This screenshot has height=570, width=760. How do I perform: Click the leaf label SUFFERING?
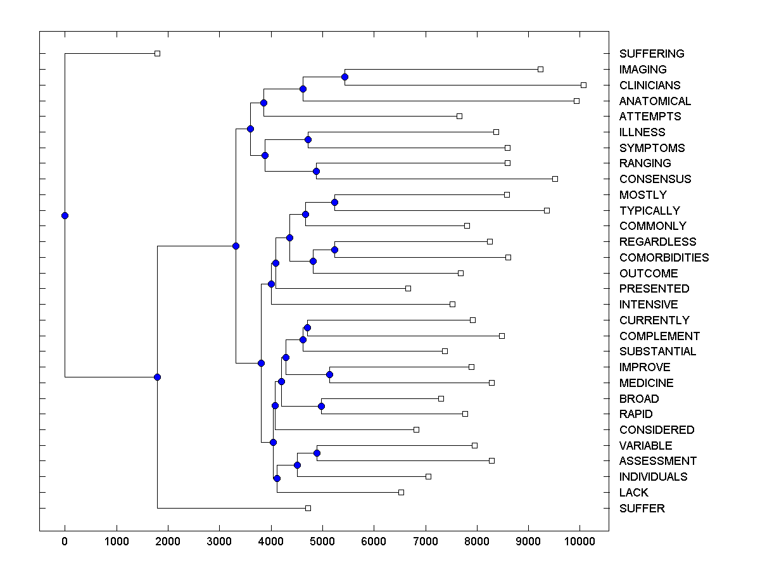(x=652, y=54)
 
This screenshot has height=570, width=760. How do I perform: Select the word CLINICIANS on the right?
(x=650, y=85)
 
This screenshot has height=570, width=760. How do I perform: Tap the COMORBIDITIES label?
(x=664, y=258)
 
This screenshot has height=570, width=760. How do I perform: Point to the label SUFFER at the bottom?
(x=642, y=509)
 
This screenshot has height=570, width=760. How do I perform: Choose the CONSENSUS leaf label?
(x=655, y=179)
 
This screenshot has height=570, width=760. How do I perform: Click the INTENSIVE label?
(x=649, y=305)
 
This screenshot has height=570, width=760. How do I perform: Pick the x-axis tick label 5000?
(x=322, y=540)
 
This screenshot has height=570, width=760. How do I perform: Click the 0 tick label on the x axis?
(x=65, y=540)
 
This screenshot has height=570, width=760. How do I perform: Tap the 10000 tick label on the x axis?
(x=579, y=540)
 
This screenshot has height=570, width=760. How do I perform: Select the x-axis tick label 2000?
(x=168, y=540)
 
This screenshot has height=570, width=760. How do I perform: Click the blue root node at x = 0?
(x=65, y=215)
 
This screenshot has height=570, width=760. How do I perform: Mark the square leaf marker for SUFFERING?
(x=158, y=54)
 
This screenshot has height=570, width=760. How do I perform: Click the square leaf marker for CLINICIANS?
(x=583, y=85)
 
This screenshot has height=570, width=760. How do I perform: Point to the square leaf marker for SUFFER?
(x=308, y=508)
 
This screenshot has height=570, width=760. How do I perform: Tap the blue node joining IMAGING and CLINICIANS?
(x=345, y=77)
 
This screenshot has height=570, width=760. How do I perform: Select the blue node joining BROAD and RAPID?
(x=322, y=406)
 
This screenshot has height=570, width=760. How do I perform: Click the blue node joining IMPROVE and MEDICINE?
(x=329, y=375)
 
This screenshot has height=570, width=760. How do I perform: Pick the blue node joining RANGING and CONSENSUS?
(x=317, y=171)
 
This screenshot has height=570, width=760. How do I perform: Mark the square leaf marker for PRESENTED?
(x=408, y=289)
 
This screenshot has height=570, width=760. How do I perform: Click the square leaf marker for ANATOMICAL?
(x=576, y=101)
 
